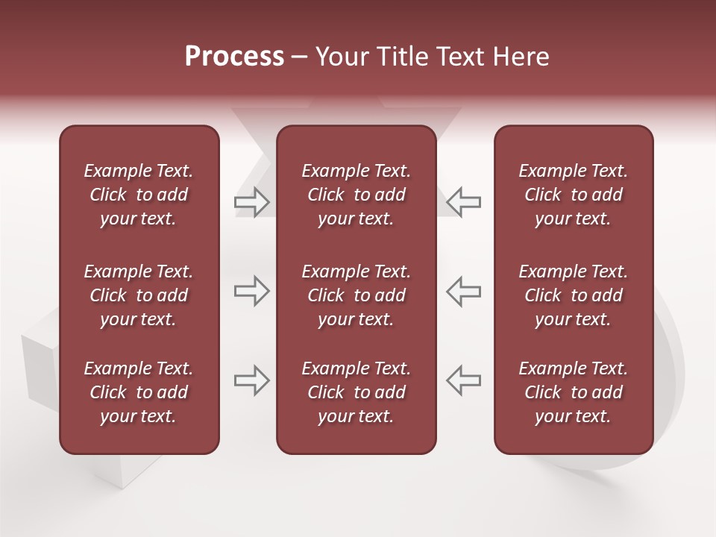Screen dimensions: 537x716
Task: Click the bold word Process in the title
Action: click(234, 57)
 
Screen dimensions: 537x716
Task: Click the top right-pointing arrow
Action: click(251, 202)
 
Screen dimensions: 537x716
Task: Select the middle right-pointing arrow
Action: click(251, 291)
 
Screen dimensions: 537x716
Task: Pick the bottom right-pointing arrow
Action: click(251, 380)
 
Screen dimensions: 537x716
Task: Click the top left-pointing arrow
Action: click(464, 202)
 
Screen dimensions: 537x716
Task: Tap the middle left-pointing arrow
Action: click(464, 291)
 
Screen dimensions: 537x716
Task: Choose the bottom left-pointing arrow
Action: click(464, 380)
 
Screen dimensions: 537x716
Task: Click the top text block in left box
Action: click(139, 195)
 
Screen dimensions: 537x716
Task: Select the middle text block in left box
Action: click(139, 295)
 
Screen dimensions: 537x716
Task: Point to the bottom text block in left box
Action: click(139, 392)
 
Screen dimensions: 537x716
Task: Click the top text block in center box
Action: click(356, 195)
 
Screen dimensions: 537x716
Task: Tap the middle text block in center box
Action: click(356, 295)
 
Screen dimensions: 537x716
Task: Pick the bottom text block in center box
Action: click(356, 392)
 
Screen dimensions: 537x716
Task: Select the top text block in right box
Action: click(573, 195)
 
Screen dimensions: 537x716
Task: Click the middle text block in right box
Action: click(573, 295)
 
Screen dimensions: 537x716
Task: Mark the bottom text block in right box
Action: click(573, 392)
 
